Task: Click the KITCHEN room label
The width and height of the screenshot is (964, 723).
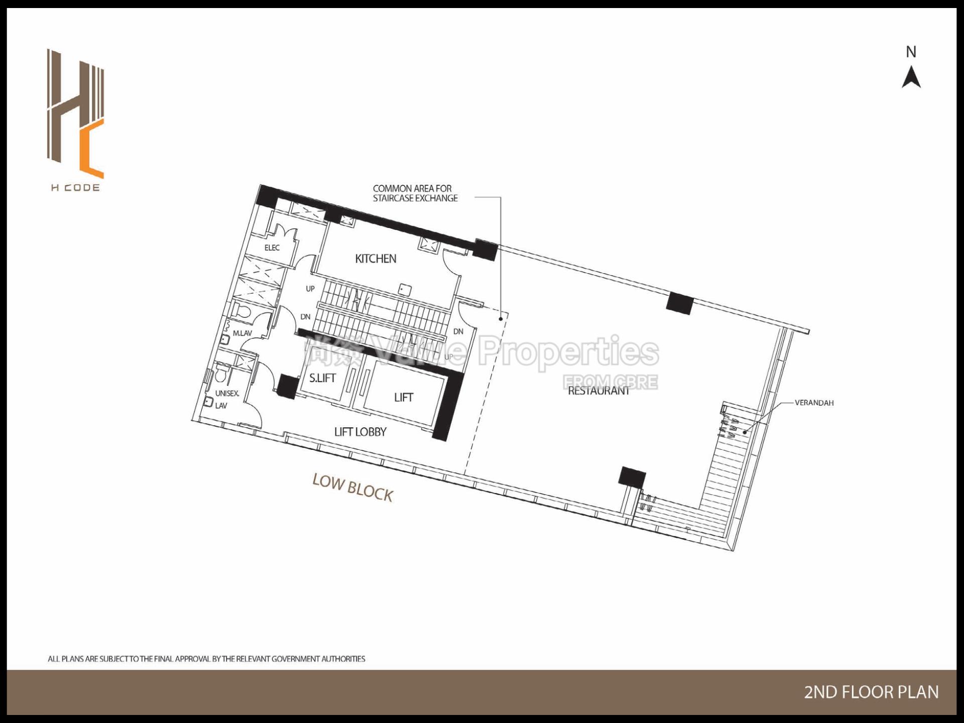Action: point(376,259)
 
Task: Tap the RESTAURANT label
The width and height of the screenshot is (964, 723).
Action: point(598,391)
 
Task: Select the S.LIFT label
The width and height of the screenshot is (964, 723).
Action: point(322,378)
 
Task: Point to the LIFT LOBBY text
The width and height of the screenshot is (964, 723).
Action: point(360,432)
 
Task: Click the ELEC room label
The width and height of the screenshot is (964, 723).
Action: point(272,248)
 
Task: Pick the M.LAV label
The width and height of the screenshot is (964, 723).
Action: point(243,333)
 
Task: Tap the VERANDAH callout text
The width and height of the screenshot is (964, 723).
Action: point(814,403)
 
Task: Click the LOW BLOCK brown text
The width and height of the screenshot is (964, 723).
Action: point(352,488)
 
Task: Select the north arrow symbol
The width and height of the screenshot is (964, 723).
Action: point(911,78)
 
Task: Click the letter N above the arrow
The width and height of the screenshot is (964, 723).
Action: point(911,52)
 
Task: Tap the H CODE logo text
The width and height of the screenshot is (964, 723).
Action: point(75,188)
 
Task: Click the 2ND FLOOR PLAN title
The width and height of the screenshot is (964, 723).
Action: point(871,692)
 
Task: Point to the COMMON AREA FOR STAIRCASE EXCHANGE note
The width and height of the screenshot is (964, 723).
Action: point(415,193)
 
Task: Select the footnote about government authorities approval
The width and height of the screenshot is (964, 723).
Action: point(206,659)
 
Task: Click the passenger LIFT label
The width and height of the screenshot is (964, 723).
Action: point(403,398)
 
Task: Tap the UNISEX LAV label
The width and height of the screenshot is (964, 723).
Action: point(226,399)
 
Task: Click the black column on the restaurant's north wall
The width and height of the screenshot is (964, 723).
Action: point(679,303)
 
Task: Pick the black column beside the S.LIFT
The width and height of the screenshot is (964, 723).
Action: point(288,387)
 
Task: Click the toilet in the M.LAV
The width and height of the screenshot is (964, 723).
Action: point(242,311)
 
